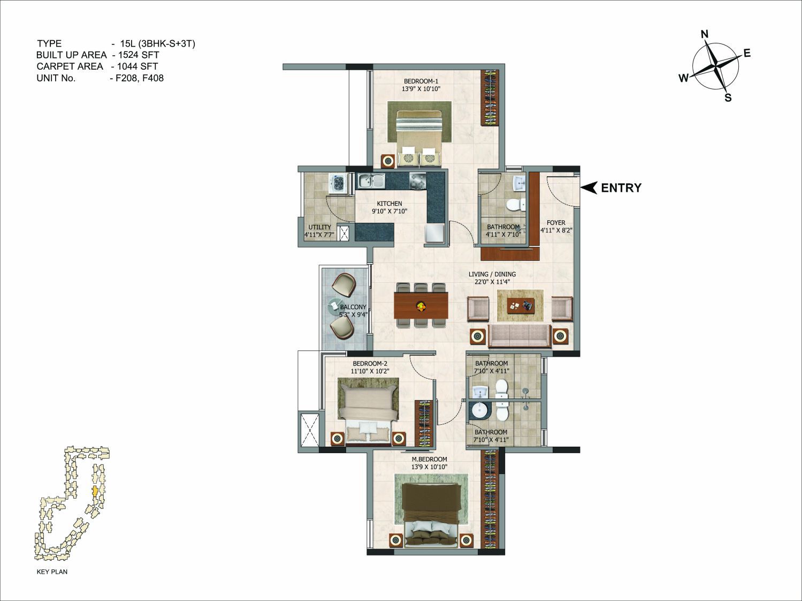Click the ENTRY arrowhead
click(x=589, y=187)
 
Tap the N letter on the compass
click(x=705, y=34)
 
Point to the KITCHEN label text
click(x=389, y=204)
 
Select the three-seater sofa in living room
click(x=519, y=335)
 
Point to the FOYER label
click(x=556, y=222)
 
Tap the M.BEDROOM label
click(x=429, y=459)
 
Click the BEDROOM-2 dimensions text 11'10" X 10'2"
click(x=370, y=371)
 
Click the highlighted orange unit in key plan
click(x=95, y=491)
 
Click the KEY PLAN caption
click(x=52, y=572)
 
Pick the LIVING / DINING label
click(x=492, y=274)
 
